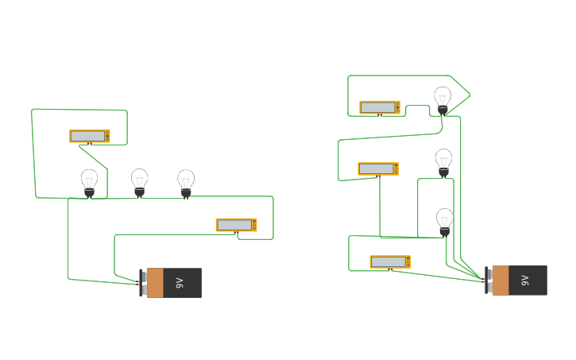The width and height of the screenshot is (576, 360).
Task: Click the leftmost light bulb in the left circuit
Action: pyautogui.click(x=90, y=180)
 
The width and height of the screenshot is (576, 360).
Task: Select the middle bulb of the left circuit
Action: pyautogui.click(x=140, y=180)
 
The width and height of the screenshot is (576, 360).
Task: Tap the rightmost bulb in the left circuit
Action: pyautogui.click(x=186, y=181)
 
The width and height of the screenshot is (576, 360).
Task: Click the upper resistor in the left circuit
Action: pyautogui.click(x=89, y=136)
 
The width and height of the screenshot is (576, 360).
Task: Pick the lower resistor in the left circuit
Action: pyautogui.click(x=236, y=225)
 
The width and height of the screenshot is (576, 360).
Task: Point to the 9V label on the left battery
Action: pyautogui.click(x=180, y=283)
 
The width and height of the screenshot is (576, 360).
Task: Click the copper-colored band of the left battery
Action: pyautogui.click(x=155, y=283)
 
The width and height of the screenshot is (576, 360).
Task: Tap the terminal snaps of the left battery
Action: pyautogui.click(x=143, y=283)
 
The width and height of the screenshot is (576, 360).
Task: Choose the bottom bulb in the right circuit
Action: pyautogui.click(x=445, y=219)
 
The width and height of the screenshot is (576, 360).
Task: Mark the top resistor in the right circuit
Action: pyautogui.click(x=379, y=107)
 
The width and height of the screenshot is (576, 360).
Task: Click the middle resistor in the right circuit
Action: pyautogui.click(x=377, y=168)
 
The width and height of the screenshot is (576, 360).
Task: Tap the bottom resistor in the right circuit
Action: pyautogui.click(x=389, y=261)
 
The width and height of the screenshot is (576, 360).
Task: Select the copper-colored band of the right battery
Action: pyautogui.click(x=500, y=281)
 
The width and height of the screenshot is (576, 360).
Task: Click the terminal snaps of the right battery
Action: pyautogui.click(x=488, y=281)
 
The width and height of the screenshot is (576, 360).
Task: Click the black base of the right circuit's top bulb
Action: pyautogui.click(x=443, y=110)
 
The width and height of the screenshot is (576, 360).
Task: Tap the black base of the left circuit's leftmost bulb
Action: pyautogui.click(x=90, y=192)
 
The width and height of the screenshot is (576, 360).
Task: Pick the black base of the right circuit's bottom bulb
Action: pyautogui.click(x=445, y=231)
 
